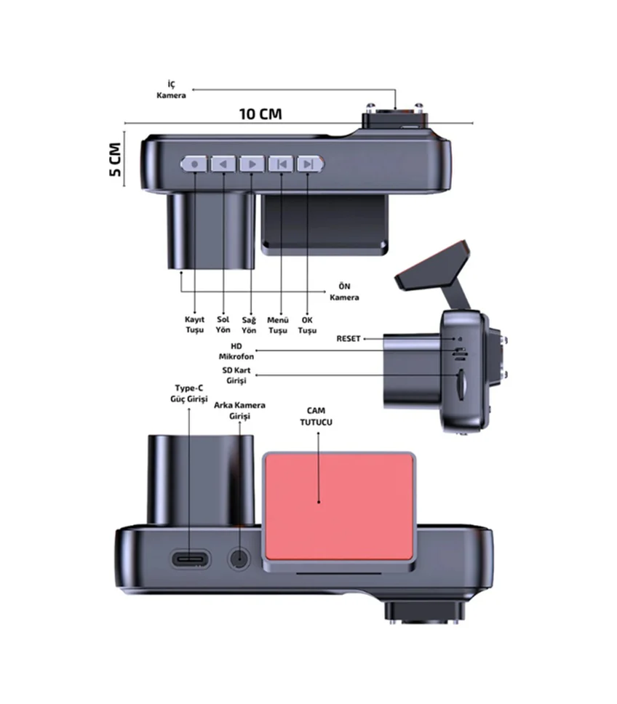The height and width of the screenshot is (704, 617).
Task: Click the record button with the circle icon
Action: point(194,164)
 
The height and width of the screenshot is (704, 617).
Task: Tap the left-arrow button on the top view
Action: point(223,164)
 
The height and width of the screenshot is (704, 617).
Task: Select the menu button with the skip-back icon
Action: point(281,164)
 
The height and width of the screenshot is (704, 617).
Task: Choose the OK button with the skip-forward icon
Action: point(310,164)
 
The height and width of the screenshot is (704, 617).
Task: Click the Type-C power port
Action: point(191,559)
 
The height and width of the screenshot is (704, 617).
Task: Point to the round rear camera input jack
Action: point(239,559)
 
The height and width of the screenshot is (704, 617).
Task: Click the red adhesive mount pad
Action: point(339,506)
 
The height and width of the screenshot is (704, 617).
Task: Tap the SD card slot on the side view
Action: point(461,384)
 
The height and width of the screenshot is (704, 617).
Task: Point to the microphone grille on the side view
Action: point(459,353)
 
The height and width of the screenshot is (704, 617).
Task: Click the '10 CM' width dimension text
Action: point(260,113)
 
